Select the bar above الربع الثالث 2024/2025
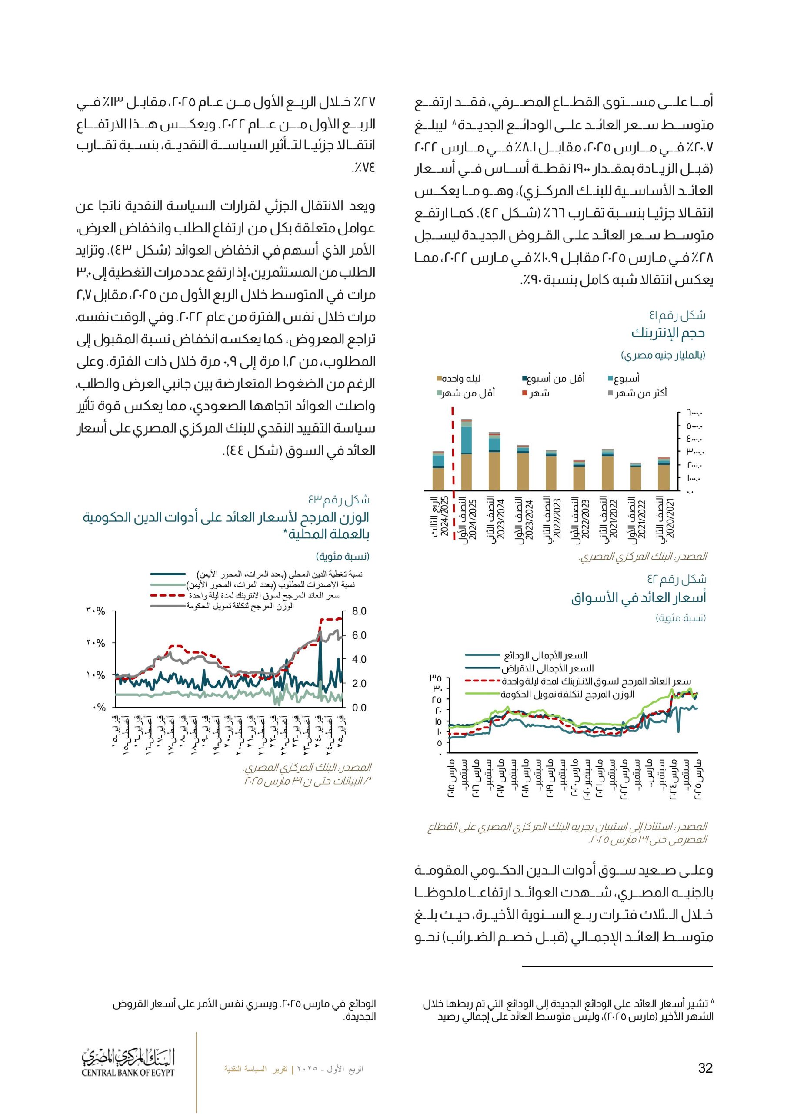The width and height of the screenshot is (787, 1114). (x=438, y=471)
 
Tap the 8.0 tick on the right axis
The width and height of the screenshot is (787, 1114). (x=359, y=611)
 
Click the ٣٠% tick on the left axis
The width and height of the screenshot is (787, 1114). (x=96, y=611)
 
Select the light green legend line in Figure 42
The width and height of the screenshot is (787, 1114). (x=483, y=695)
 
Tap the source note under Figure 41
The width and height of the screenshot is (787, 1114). (x=643, y=557)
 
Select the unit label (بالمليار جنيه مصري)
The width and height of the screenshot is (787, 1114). (x=663, y=356)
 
